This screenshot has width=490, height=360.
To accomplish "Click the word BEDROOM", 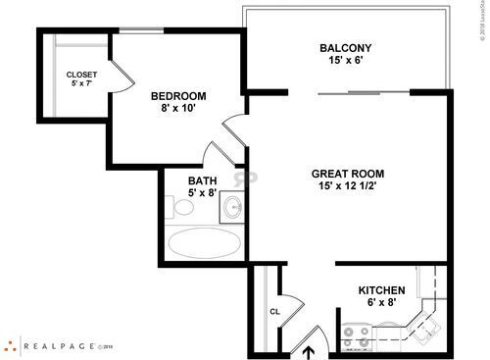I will tap(177, 95).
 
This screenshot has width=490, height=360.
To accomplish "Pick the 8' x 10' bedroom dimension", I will tap(177, 109).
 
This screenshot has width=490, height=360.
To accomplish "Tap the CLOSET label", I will tap(81, 75).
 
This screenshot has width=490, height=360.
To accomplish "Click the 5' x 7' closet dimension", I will tap(81, 85).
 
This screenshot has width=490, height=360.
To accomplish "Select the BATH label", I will tap(203, 180).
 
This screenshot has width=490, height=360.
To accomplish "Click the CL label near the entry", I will tap(275, 313).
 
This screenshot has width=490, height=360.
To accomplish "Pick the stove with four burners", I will tap(356, 338).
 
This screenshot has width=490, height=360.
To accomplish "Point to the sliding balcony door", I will tap(363, 92).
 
